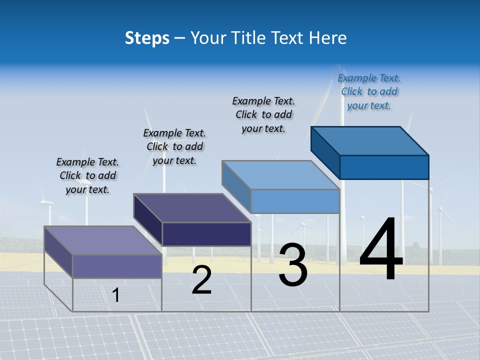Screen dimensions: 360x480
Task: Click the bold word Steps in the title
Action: tap(146, 38)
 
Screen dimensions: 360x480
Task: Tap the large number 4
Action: tap(381, 250)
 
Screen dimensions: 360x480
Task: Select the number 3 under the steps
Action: tap(293, 265)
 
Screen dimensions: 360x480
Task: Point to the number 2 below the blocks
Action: tap(201, 280)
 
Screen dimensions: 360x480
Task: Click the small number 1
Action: tap(115, 295)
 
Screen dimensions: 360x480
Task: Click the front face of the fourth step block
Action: tap(384, 167)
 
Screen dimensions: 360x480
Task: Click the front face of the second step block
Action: tap(206, 234)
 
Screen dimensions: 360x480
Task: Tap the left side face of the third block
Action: tap(236, 186)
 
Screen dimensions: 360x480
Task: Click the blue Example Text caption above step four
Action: tap(369, 91)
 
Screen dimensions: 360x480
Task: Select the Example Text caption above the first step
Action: tap(87, 175)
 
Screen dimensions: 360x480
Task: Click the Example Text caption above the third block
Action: tap(263, 114)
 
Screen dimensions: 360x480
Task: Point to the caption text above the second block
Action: tap(174, 146)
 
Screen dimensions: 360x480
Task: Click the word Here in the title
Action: tap(328, 38)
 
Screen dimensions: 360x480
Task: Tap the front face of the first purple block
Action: tap(117, 266)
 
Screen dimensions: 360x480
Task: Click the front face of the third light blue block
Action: tap(295, 201)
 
